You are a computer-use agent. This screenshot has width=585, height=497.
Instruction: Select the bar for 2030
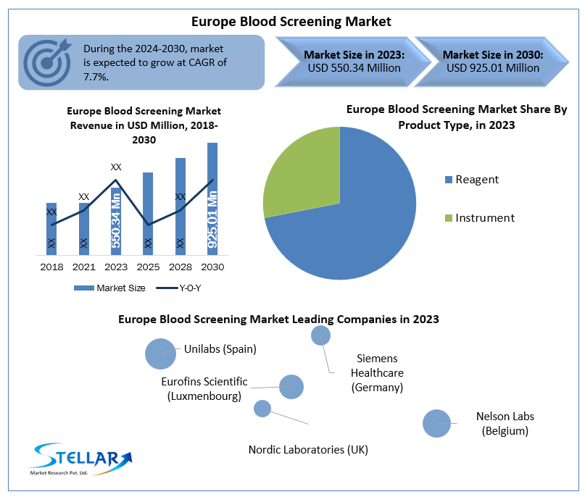point(212,199)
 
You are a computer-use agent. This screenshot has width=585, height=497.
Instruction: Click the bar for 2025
point(148,213)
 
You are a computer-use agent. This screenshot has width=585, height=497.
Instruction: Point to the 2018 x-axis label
point(51,267)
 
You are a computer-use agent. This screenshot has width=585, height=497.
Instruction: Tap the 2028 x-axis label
point(181,267)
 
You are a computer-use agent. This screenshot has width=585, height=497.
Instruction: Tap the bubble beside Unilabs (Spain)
point(160,354)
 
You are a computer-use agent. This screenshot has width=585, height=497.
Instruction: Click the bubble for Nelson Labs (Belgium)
point(436,423)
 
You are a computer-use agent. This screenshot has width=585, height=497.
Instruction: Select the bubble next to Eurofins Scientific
point(291,387)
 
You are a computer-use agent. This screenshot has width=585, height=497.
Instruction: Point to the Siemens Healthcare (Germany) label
point(377,372)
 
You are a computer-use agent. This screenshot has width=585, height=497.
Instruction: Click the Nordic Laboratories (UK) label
point(308,450)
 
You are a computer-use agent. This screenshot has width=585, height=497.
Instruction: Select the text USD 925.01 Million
point(493,68)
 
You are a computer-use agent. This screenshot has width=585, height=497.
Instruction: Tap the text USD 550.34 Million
point(354,68)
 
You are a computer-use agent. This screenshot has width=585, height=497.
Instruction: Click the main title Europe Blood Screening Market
point(291,22)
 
